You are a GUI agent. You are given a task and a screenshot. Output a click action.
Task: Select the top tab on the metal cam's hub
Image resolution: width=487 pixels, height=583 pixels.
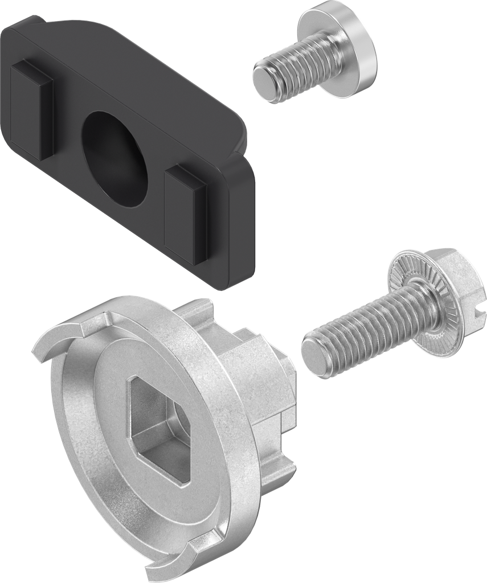tap(197, 310)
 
